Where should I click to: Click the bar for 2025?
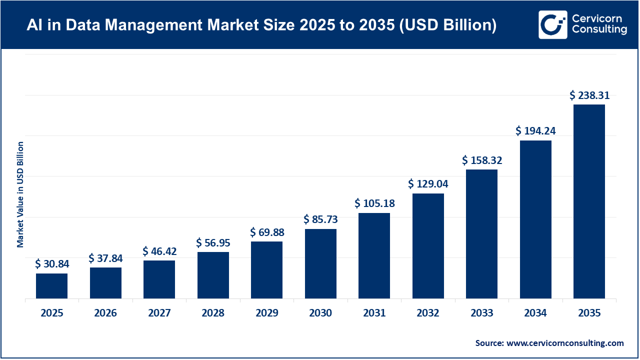click(x=51, y=286)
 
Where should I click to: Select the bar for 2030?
click(x=320, y=264)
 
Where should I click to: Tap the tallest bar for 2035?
click(x=589, y=201)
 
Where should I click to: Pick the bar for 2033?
click(x=481, y=234)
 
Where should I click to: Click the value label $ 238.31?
click(x=589, y=95)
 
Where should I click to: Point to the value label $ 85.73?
click(x=320, y=219)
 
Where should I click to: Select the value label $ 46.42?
click(x=159, y=251)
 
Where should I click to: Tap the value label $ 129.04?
click(x=428, y=184)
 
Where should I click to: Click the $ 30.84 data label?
click(x=51, y=264)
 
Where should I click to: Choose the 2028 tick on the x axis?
click(x=213, y=313)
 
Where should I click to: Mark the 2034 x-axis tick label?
click(x=535, y=313)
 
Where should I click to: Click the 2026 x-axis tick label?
click(x=105, y=313)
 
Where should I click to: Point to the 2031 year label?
click(x=374, y=313)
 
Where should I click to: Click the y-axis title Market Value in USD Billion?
click(x=20, y=194)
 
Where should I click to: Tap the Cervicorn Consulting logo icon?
click(x=552, y=24)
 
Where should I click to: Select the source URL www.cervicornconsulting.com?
click(x=565, y=343)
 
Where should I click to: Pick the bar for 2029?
click(x=266, y=270)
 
